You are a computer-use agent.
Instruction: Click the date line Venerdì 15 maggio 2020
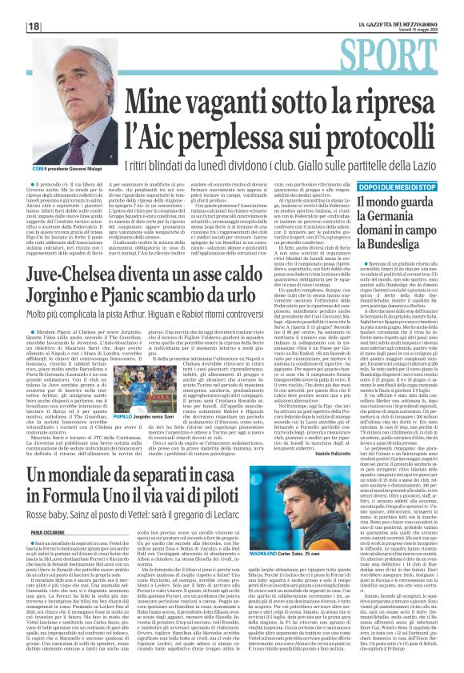click(x=400, y=30)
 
